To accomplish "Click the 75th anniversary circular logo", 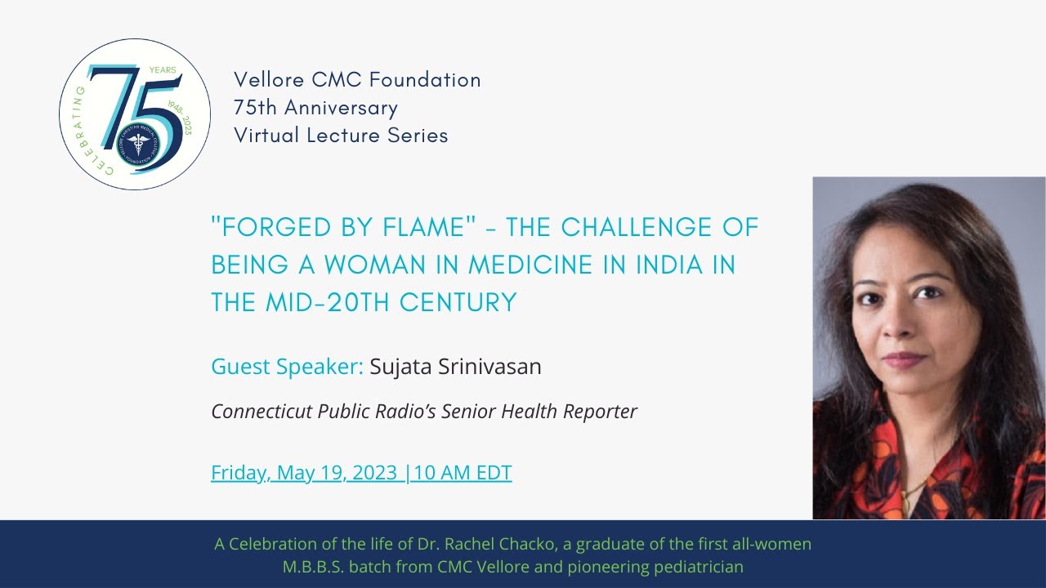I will click(135, 114).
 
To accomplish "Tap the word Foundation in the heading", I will click(425, 80).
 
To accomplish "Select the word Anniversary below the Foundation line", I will click(341, 108).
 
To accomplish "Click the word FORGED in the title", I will click(259, 228).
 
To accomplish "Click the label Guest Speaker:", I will click(287, 367).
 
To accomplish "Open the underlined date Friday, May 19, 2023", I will click(305, 473).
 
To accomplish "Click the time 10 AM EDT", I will click(463, 473).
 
